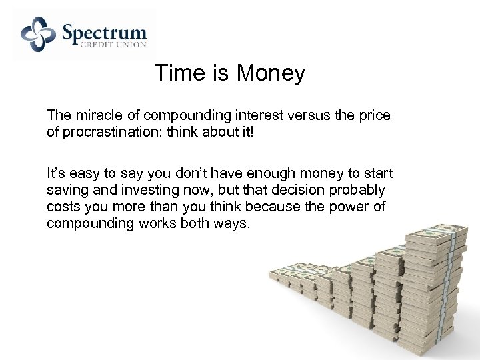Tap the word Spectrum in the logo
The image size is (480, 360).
click(x=105, y=32)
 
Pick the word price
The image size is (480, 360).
click(x=373, y=115)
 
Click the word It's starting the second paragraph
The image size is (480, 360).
click(x=55, y=174)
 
